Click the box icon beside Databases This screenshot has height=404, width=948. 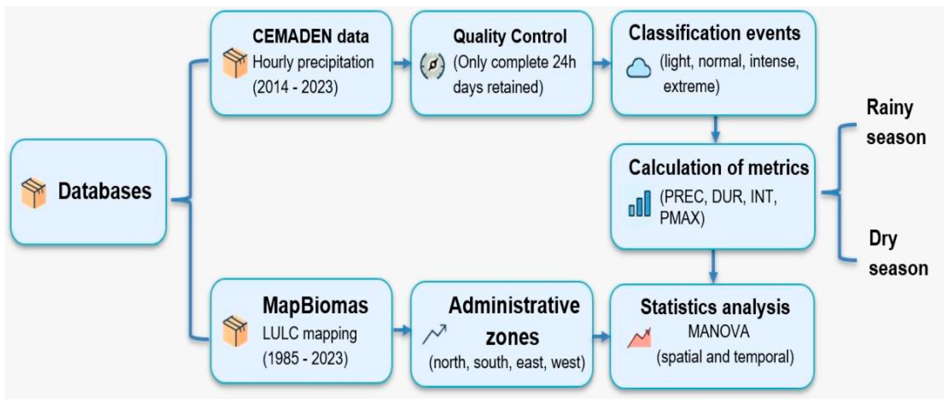pos(33,193)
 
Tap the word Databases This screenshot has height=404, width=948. pos(104,191)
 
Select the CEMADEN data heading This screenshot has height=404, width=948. pos(311,36)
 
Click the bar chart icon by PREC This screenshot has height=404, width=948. pos(640,203)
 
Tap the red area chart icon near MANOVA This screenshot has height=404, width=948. pos(639,338)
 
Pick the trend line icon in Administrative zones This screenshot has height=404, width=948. pos(435,334)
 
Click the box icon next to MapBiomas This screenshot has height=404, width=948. pos(235,331)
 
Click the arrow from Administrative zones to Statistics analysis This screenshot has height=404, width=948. pos(602,336)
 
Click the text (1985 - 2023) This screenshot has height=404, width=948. pos(305,358)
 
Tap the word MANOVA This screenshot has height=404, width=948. pos(718,331)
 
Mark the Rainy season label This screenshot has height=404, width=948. pos(895,122)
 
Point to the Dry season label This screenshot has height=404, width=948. pos(898,253)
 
